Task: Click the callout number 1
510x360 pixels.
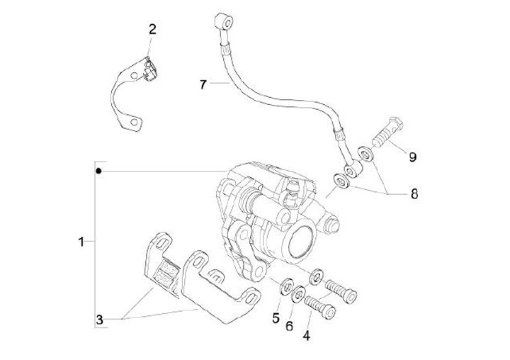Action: click(x=81, y=242)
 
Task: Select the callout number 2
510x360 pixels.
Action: click(x=152, y=30)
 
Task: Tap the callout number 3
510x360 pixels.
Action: click(x=100, y=320)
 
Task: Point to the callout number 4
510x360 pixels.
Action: click(x=307, y=336)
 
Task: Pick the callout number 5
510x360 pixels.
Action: click(x=276, y=318)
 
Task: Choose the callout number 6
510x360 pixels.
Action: click(x=289, y=325)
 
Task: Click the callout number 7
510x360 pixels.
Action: click(x=203, y=85)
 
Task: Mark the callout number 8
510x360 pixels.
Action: click(x=414, y=194)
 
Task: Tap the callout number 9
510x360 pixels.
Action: click(x=412, y=157)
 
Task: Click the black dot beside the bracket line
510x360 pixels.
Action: click(x=98, y=171)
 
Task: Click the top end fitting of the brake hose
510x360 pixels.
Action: click(x=224, y=22)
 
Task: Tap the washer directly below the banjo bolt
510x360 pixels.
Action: click(x=366, y=153)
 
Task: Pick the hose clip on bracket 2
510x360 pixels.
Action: click(x=150, y=69)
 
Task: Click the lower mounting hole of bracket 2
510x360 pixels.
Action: click(x=134, y=122)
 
